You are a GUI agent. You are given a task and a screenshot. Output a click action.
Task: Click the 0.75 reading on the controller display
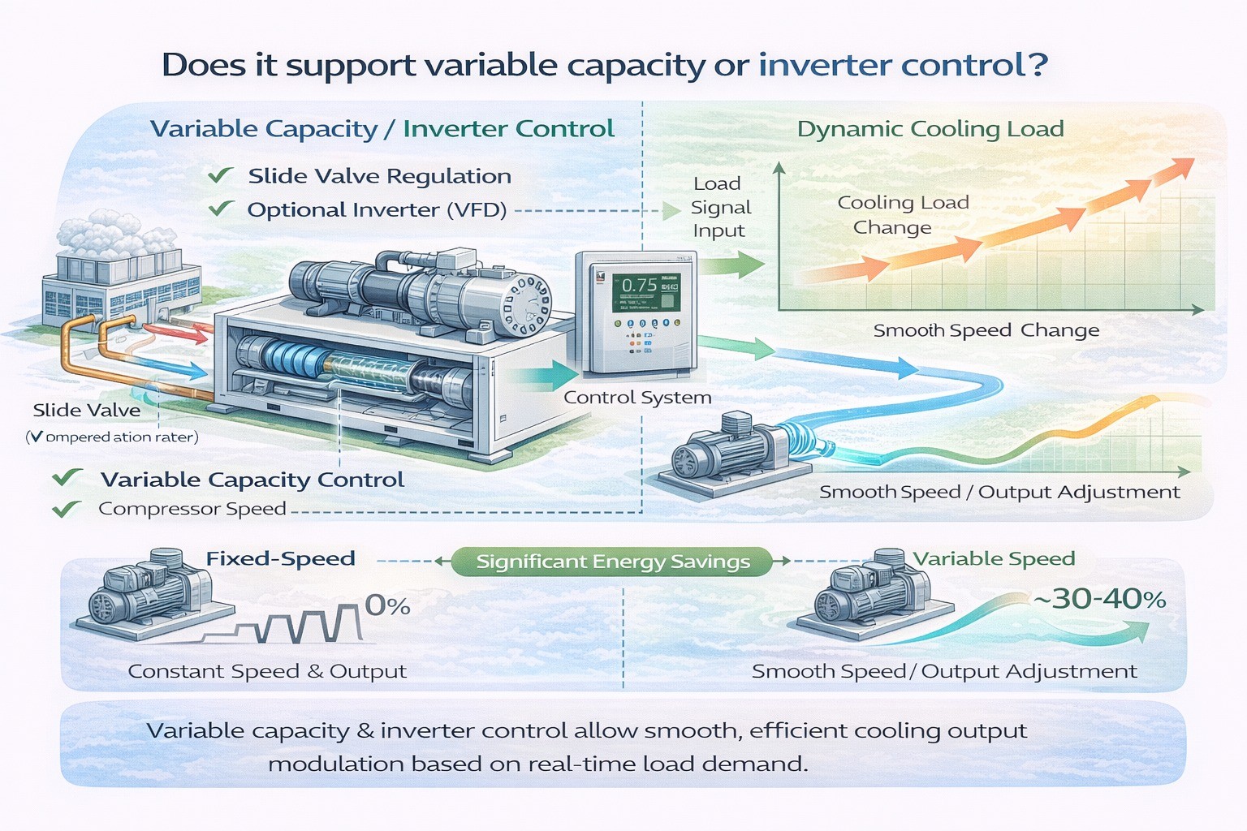coord(639,285)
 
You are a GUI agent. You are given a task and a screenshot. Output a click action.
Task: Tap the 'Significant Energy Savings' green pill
coord(612,562)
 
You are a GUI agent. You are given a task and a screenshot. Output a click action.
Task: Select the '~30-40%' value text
coord(1099,599)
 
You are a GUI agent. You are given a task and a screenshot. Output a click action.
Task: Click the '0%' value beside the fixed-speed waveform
coord(387,605)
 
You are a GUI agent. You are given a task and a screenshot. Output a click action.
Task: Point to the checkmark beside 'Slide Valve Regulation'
coord(220,175)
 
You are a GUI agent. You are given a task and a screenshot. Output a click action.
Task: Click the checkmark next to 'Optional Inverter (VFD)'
coord(220,209)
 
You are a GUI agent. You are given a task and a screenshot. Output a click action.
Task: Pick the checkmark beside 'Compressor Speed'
coord(66,509)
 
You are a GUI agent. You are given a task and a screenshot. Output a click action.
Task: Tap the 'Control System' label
coord(637,397)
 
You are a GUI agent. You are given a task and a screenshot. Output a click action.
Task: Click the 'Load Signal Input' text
coord(720,207)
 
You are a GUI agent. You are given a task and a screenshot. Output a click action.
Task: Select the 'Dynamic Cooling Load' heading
coord(930,129)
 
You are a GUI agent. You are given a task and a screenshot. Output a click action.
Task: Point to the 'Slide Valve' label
coord(86,411)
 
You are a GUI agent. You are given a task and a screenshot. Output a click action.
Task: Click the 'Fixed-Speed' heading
coord(280,558)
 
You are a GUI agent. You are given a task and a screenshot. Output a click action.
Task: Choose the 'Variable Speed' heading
coord(994,558)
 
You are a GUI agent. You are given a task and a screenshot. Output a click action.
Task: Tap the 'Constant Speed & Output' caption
coord(267,671)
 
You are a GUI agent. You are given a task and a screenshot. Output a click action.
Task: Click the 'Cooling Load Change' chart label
coord(901,214)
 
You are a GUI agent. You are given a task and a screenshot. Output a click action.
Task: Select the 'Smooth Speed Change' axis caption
coord(986,330)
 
